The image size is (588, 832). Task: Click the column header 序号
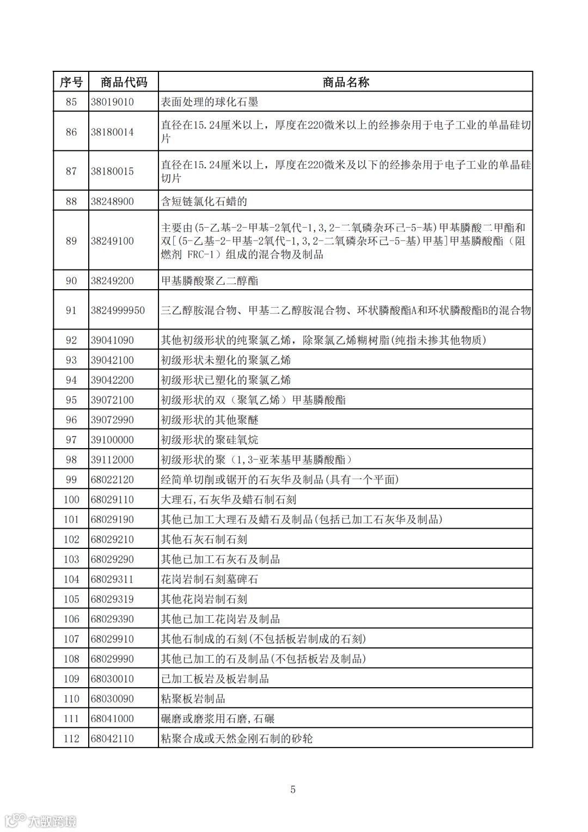(71, 82)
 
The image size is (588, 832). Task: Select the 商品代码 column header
(124, 82)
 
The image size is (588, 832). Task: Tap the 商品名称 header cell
(346, 82)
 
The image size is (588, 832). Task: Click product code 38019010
(112, 102)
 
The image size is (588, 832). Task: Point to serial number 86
(71, 132)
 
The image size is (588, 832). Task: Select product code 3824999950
(118, 310)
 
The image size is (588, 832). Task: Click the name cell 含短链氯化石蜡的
(204, 201)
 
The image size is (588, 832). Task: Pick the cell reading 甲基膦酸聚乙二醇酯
(210, 281)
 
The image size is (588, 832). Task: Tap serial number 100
(71, 500)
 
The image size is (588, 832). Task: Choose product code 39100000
(112, 440)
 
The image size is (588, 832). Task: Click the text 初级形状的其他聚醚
(210, 420)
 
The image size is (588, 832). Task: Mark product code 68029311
(112, 579)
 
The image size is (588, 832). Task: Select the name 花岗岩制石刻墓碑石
(210, 579)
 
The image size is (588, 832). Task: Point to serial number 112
(71, 739)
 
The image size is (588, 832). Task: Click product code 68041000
(112, 719)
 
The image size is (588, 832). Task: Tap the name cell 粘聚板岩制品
(193, 699)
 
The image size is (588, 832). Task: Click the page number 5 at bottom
(293, 790)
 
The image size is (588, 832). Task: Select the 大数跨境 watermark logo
(41, 820)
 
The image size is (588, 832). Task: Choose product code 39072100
(112, 400)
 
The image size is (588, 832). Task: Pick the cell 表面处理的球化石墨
(210, 102)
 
